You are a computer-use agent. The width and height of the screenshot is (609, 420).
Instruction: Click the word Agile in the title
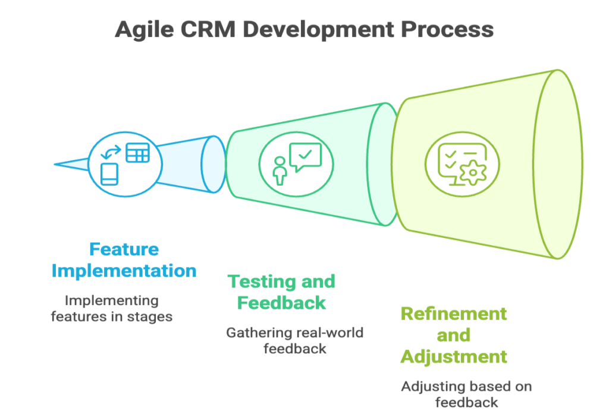pos(145,30)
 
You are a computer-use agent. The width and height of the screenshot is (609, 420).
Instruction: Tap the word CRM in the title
pos(208,29)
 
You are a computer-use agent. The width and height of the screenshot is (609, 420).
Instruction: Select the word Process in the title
pos(447,29)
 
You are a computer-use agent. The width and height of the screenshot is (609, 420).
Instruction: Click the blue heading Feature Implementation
pos(124,260)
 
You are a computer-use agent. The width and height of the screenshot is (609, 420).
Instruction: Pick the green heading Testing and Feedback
pos(281,292)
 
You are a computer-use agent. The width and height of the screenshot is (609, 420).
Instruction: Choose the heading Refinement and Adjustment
pos(454,336)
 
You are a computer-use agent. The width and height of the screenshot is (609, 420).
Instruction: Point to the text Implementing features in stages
pos(111,309)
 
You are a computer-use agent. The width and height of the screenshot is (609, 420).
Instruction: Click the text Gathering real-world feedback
pos(295,341)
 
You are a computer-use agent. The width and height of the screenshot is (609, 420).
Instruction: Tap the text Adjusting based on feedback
pos(466,394)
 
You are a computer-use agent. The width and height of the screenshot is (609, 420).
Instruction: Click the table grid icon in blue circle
pos(137,153)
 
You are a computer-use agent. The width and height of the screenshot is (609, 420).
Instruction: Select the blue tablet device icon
pos(109,174)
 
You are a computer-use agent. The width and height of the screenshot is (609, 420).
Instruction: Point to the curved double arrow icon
pos(111,152)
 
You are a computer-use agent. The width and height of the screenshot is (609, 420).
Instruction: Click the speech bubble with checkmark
pos(306,157)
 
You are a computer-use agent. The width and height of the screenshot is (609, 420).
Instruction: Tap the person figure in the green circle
pos(280,171)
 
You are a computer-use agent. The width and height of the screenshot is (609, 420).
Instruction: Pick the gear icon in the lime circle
pos(473,173)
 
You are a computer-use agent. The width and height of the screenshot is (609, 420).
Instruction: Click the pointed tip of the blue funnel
pos(54,164)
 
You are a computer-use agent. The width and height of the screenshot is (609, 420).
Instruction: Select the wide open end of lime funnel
pos(558,164)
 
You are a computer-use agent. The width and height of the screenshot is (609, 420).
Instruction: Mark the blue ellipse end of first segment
pos(214,164)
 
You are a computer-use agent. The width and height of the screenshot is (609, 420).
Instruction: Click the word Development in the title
pos(318,30)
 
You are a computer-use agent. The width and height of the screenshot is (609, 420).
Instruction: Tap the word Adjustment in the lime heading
pos(454,357)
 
